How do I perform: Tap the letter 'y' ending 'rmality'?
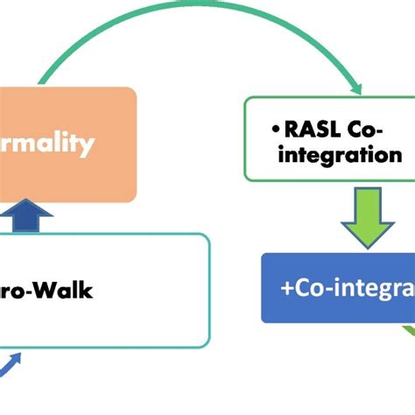pos(88,146)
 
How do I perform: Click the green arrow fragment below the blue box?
pos(407,331)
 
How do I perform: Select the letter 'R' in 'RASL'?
pos(292,130)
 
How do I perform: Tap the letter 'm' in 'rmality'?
pos(25,144)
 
